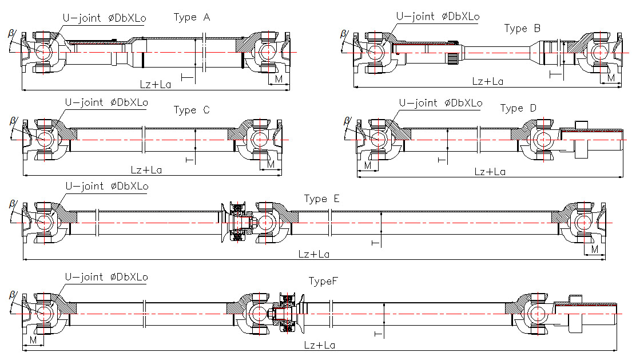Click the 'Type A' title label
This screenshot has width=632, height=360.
click(192, 17)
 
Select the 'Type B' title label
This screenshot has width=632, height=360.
click(522, 29)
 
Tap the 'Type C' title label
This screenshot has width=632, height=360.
click(192, 110)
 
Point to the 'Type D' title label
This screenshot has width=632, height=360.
click(518, 108)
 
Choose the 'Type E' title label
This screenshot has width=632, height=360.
click(321, 199)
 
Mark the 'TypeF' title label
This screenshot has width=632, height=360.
click(323, 281)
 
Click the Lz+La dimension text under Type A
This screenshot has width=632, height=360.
click(156, 85)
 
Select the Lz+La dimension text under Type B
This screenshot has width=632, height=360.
click(488, 81)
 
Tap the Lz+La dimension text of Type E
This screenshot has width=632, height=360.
click(314, 254)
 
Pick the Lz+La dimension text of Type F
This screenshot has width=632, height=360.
click(320, 345)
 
